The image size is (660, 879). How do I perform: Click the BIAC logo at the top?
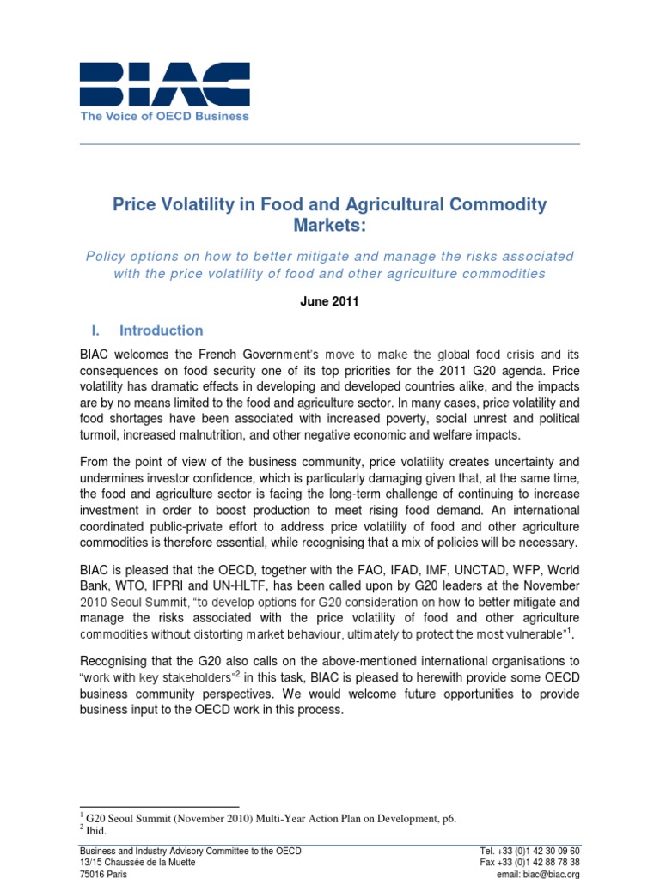(164, 84)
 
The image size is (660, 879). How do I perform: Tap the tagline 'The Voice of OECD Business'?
(164, 117)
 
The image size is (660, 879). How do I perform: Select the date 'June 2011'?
(329, 303)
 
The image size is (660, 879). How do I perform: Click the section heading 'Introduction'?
(162, 330)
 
